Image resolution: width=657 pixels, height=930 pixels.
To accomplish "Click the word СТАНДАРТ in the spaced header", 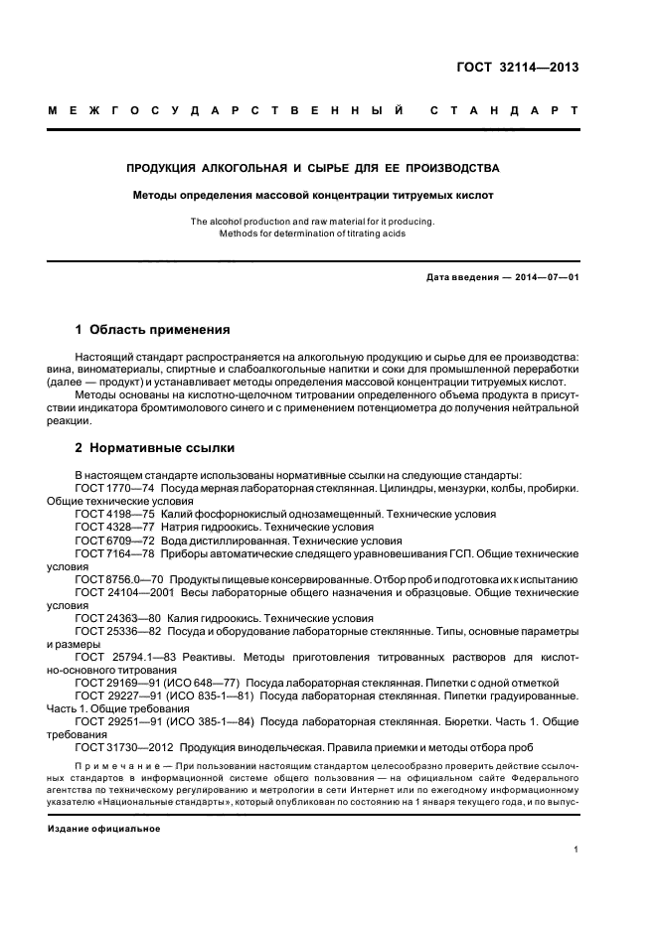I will [502, 111].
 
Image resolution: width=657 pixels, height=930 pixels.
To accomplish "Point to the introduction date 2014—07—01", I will [539, 277].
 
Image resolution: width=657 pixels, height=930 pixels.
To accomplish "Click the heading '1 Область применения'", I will [153, 329].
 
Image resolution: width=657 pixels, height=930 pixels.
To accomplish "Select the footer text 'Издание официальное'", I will [103, 828].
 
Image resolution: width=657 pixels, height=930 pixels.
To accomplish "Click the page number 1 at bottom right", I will [576, 849].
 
